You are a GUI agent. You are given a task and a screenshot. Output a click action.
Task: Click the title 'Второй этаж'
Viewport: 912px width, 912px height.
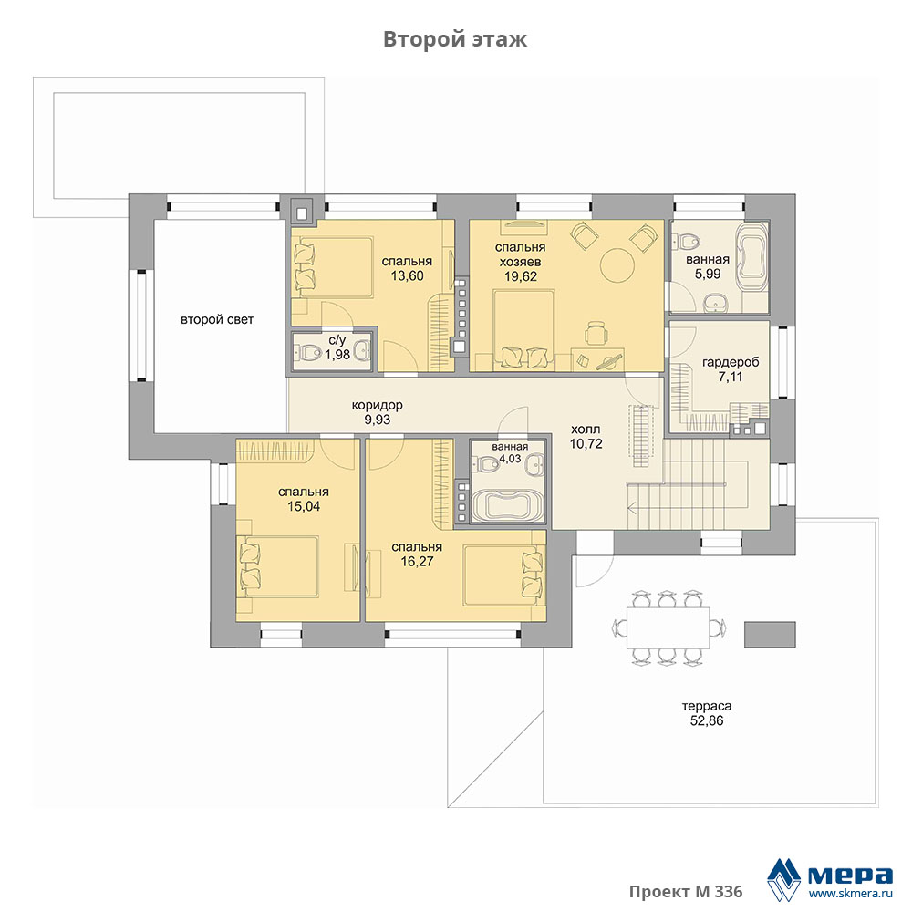pyautogui.click(x=455, y=39)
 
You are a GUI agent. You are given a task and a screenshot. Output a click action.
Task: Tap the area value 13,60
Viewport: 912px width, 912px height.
pyautogui.click(x=407, y=276)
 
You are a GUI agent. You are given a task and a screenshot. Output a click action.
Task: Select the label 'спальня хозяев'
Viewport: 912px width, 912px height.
pyautogui.click(x=521, y=254)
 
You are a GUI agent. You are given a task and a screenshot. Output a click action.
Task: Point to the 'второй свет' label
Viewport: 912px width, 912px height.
pyautogui.click(x=217, y=320)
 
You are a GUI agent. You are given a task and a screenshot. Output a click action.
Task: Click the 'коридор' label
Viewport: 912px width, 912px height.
pyautogui.click(x=377, y=406)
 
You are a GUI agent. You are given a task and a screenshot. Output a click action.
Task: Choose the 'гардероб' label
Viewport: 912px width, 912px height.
pyautogui.click(x=731, y=362)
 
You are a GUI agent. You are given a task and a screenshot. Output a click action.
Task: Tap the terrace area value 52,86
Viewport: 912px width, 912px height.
pyautogui.click(x=707, y=721)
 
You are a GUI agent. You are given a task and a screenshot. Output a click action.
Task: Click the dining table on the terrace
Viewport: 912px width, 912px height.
pyautogui.click(x=668, y=627)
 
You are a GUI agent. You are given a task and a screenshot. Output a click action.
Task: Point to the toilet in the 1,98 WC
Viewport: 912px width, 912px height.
pyautogui.click(x=308, y=352)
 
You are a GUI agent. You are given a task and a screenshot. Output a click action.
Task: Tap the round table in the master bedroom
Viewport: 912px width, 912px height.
pyautogui.click(x=617, y=265)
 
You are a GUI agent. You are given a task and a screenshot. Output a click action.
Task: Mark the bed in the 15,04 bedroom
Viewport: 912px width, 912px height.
pyautogui.click(x=278, y=566)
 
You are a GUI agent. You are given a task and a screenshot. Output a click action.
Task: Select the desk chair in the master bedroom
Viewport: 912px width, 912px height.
pyautogui.click(x=596, y=334)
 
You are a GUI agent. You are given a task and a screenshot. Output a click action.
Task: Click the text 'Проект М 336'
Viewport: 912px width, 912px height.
pyautogui.click(x=686, y=892)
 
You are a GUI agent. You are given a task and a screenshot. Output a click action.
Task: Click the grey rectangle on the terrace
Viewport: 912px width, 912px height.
pyautogui.click(x=770, y=634)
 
